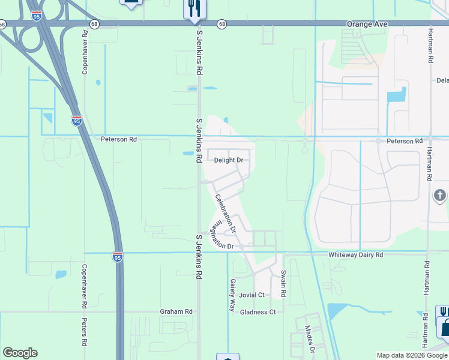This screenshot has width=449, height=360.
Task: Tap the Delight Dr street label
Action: click(x=229, y=160)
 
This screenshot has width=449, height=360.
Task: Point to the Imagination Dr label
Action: click(x=221, y=236)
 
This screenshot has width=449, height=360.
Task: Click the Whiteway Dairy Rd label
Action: click(x=355, y=255)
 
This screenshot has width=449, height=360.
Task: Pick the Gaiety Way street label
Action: click(x=232, y=294)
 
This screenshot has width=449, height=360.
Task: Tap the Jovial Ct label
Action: click(x=252, y=295)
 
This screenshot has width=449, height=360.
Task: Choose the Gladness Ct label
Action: click(x=258, y=312)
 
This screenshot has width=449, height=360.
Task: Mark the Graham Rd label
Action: click(x=176, y=311)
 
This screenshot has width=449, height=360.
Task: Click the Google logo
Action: click(x=20, y=353)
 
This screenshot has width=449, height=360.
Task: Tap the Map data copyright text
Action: click(x=412, y=356)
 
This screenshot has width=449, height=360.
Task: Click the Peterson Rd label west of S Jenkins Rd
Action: click(x=119, y=139)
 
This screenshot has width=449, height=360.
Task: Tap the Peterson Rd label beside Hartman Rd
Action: click(x=403, y=141)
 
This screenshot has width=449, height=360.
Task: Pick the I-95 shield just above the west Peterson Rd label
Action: click(x=77, y=121)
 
